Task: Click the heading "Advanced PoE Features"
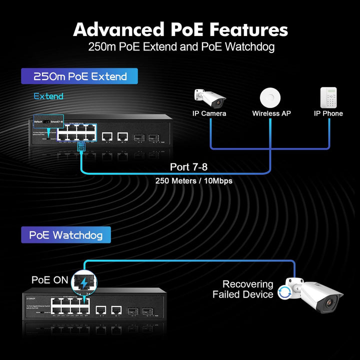pyautogui.click(x=180, y=29)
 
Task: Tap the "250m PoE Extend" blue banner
pyautogui.click(x=79, y=76)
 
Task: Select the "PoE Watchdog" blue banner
pyautogui.click(x=66, y=234)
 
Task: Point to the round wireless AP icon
pyautogui.click(x=271, y=96)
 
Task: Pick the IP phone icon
pyautogui.click(x=328, y=97)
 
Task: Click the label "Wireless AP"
pyautogui.click(x=271, y=113)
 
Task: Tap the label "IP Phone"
pyautogui.click(x=328, y=113)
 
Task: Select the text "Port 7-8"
pyautogui.click(x=189, y=166)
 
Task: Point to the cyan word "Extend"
pyautogui.click(x=48, y=96)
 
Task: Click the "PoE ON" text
pyautogui.click(x=49, y=280)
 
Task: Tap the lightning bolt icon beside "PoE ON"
pyautogui.click(x=84, y=283)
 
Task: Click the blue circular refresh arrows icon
pyautogui.click(x=284, y=292)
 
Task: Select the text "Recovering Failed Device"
pyautogui.click(x=243, y=289)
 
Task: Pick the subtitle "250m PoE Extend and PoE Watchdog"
pyautogui.click(x=181, y=48)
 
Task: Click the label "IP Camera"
pyautogui.click(x=209, y=113)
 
